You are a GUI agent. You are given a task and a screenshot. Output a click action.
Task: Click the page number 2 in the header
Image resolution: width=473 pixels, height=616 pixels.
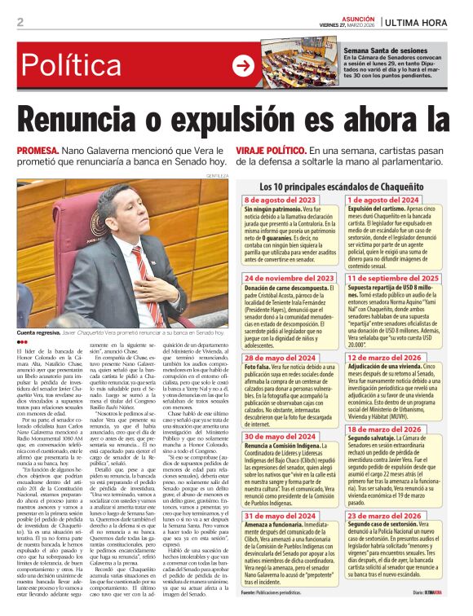point(20,22)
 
